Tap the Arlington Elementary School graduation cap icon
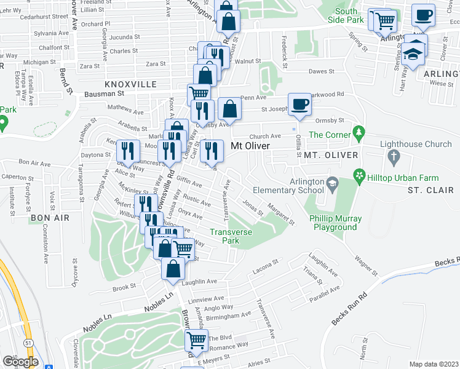pos(332,183)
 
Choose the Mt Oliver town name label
pos(250,146)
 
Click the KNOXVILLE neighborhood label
pos(131,84)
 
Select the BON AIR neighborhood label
pos(46,218)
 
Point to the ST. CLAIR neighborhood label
pos(430,191)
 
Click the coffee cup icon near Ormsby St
pos(299,105)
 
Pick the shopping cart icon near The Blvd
pos(196,339)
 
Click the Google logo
pos(20,362)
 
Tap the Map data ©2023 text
pos(433,364)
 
